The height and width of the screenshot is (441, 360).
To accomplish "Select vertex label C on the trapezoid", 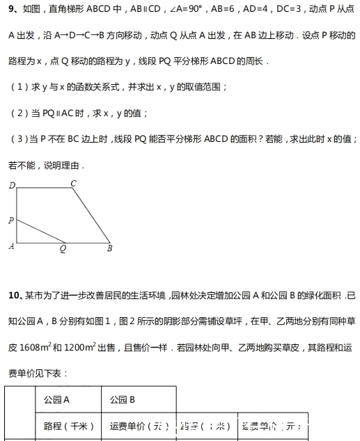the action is pyautogui.click(x=74, y=183).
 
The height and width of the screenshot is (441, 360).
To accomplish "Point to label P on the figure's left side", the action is pyautogui.click(x=11, y=220).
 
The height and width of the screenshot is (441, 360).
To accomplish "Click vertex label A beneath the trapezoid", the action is pyautogui.click(x=11, y=246).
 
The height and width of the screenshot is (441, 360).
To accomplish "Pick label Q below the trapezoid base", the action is pyautogui.click(x=63, y=248).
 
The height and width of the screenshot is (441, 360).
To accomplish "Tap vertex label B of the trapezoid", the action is pyautogui.click(x=109, y=247).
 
